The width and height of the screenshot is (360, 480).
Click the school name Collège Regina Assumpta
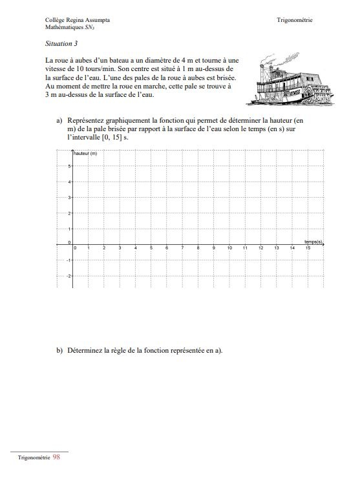point(77,20)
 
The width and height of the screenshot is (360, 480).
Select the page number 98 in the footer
point(56,456)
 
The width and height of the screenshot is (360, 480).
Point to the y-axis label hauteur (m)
point(85,153)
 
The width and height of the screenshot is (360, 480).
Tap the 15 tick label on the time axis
point(308,248)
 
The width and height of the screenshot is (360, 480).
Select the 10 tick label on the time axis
point(229,248)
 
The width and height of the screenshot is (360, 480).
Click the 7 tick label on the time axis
point(183,248)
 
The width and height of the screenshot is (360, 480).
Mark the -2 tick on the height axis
point(69,276)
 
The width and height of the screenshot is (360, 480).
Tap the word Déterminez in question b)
point(82,350)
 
